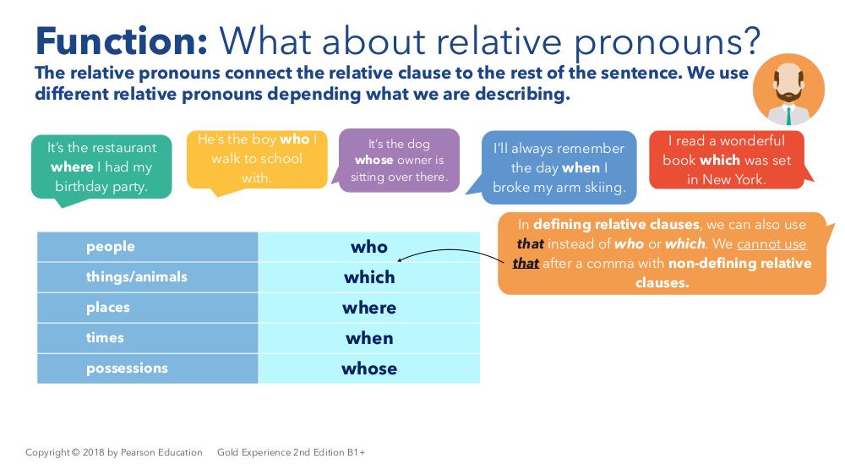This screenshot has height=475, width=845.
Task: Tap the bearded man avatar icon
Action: pyautogui.click(x=788, y=90)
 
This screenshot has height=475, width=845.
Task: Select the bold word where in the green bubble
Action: pyautogui.click(x=72, y=167)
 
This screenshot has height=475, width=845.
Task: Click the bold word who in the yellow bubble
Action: pyautogui.click(x=294, y=139)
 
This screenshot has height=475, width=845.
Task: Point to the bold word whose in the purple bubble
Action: pyautogui.click(x=373, y=160)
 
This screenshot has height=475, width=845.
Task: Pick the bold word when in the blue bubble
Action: pyautogui.click(x=581, y=167)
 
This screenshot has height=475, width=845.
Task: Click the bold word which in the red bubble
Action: pyautogui.click(x=719, y=160)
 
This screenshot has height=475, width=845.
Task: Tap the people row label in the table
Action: pyautogui.click(x=111, y=247)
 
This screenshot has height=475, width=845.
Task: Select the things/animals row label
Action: pyautogui.click(x=136, y=277)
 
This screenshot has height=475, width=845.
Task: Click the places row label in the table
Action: pyautogui.click(x=108, y=308)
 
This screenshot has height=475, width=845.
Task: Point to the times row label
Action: pyautogui.click(x=105, y=338)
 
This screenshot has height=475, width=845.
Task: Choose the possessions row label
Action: pyautogui.click(x=128, y=369)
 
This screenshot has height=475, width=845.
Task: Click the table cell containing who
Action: pyautogui.click(x=369, y=247)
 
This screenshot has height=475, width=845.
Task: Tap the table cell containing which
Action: pyautogui.click(x=369, y=277)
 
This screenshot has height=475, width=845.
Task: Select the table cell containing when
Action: pyautogui.click(x=369, y=338)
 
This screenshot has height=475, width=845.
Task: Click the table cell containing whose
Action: pyautogui.click(x=369, y=369)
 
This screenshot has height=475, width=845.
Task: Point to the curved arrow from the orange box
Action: pyautogui.click(x=450, y=250)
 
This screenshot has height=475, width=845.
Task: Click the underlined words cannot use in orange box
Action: pyautogui.click(x=771, y=244)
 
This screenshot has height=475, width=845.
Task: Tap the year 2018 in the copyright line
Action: pyautogui.click(x=93, y=452)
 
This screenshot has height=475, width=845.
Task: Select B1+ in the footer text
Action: pyautogui.click(x=356, y=452)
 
